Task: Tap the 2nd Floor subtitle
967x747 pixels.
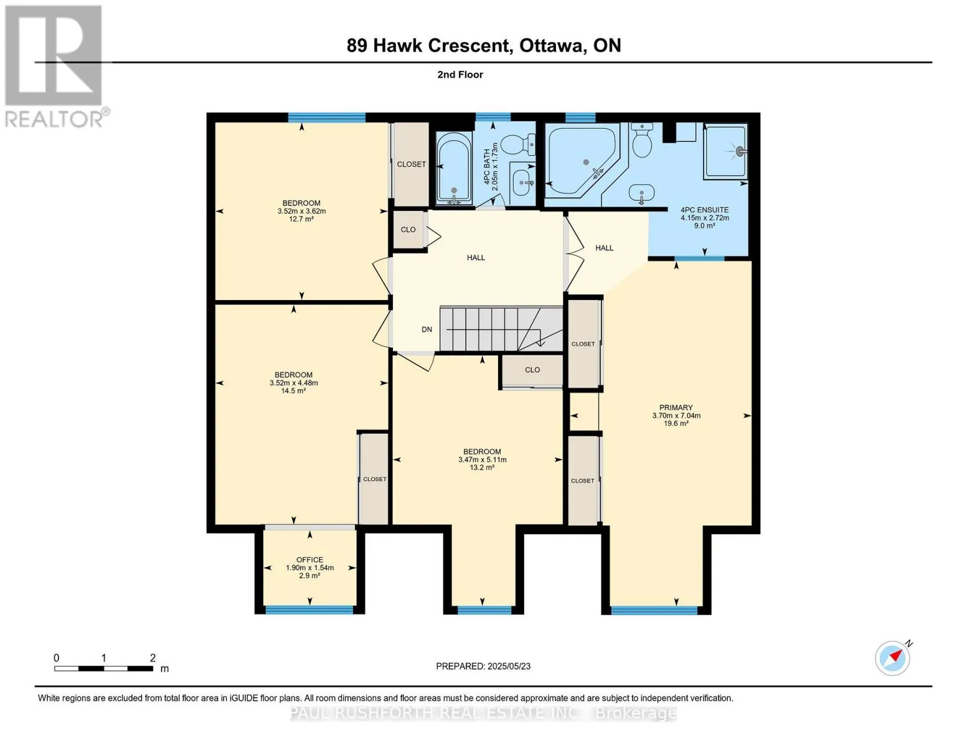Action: [460, 75]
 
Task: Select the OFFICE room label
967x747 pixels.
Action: [309, 560]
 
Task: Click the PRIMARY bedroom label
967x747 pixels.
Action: [676, 408]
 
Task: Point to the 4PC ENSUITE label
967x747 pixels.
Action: [704, 210]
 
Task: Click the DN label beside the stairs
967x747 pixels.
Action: [427, 329]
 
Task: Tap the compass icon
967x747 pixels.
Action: [893, 658]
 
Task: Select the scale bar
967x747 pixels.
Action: [103, 669]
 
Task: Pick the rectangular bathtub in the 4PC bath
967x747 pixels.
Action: [455, 168]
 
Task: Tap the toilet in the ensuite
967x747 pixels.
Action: [641, 143]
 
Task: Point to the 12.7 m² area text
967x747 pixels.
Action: [301, 219]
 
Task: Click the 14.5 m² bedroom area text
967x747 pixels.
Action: [293, 391]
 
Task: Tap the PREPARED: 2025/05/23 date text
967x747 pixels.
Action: [483, 666]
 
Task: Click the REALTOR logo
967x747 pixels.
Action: [54, 65]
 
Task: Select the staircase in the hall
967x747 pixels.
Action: [492, 329]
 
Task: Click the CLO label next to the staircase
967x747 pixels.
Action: [532, 370]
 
